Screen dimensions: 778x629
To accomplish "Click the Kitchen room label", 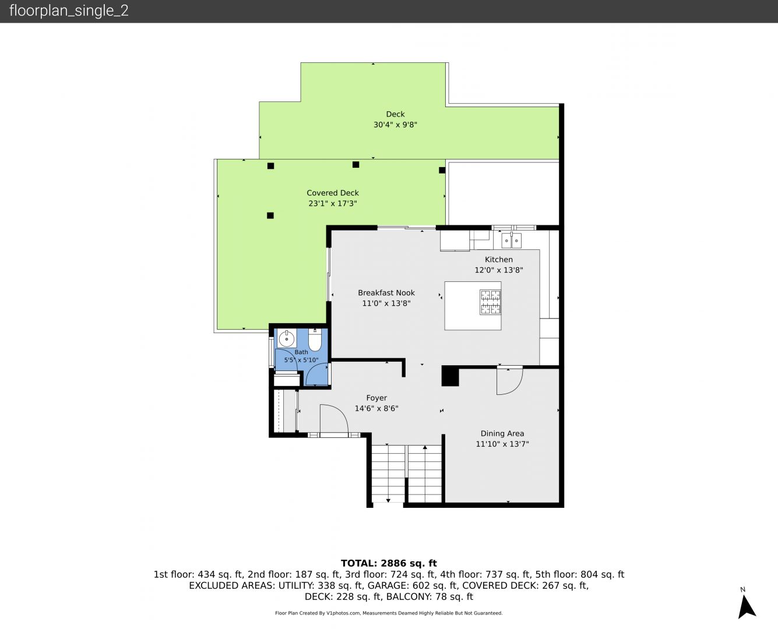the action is point(499,260).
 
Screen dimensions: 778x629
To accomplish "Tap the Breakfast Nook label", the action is point(386,293).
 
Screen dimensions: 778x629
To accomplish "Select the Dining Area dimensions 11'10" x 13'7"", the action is point(502,444).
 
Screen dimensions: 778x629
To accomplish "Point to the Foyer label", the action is point(376,398).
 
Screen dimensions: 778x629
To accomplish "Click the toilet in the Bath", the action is point(315,340).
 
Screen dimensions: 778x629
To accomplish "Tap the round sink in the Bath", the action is point(287,339).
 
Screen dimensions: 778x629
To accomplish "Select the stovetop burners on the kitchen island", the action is point(490,302).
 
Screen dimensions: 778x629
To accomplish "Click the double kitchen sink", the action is point(511,241).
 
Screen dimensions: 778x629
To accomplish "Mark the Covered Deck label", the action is point(332,193).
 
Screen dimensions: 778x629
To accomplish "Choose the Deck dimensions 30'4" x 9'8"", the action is point(395,125).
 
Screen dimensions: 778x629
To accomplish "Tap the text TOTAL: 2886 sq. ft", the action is point(389,563).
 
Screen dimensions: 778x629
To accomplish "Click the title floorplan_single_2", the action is point(69,10).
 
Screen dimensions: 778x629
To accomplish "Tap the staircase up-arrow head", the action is point(425,447).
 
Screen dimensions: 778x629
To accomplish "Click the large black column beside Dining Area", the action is point(450,376).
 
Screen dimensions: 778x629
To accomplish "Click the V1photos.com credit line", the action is point(389,613).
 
